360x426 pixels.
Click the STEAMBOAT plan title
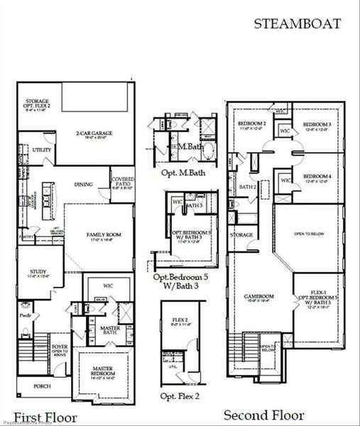click(x=298, y=23)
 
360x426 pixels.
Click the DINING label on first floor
click(x=83, y=185)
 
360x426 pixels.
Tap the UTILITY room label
click(x=40, y=151)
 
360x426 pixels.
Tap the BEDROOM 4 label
click(x=317, y=176)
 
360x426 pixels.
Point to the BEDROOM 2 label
click(x=251, y=124)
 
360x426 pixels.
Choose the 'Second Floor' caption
click(x=263, y=415)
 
